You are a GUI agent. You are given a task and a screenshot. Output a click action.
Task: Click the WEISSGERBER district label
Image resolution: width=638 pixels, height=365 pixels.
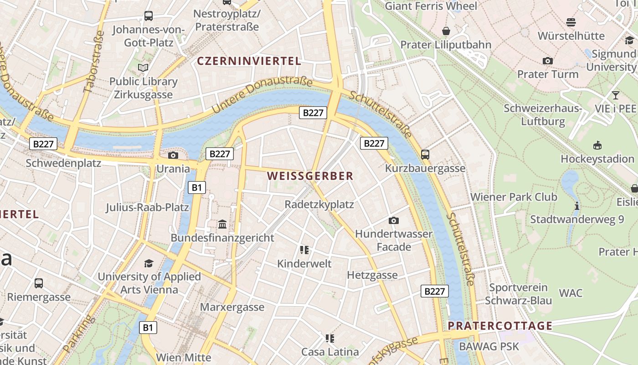pos(310,176)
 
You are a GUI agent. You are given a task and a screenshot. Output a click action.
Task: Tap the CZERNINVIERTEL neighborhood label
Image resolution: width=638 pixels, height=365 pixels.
pos(249,61)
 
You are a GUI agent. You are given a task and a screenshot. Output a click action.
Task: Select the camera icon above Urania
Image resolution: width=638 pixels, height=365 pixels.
pos(173,155)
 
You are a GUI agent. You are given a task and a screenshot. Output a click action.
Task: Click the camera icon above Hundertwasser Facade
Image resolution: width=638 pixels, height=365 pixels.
pos(394,220)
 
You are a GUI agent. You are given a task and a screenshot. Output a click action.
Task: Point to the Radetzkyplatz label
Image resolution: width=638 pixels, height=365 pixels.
pos(319,204)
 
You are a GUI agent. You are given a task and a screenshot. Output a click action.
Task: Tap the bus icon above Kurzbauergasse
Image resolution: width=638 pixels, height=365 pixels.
pos(425,154)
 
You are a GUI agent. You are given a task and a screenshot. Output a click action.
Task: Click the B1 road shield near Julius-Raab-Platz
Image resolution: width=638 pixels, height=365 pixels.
pos(196,187)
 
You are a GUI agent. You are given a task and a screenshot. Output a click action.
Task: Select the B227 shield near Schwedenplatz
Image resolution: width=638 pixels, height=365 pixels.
pos(44,144)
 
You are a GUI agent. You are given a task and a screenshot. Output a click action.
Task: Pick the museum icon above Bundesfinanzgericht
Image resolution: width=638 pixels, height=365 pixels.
pos(222,224)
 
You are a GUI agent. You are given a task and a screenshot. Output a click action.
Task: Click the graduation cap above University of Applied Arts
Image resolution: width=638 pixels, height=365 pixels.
pos(149,263)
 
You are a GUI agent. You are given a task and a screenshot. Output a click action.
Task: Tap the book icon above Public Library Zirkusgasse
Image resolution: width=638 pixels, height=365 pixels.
pos(143,68)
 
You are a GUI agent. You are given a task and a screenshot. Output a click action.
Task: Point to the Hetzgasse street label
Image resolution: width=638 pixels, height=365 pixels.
pos(372,275)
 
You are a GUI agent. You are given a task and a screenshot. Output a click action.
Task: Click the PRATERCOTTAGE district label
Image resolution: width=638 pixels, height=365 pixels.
pos(500,326)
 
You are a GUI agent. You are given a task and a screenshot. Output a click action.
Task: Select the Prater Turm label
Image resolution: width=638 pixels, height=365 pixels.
pos(548,74)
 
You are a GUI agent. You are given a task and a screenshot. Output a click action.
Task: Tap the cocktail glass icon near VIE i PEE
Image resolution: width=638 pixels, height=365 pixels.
pos(616,95)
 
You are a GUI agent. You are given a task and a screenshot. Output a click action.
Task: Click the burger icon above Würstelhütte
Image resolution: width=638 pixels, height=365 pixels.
pos(571,22)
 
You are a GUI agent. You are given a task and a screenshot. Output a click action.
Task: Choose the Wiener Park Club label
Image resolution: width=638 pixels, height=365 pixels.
pos(514,197)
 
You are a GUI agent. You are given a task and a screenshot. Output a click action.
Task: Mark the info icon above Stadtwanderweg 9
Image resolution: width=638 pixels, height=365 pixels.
pos(577,206)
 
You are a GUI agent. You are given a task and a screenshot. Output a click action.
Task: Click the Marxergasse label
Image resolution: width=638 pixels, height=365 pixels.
pos(232,307)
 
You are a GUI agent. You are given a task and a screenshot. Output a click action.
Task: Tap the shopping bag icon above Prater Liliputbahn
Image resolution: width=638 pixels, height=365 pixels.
pos(446,31)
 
